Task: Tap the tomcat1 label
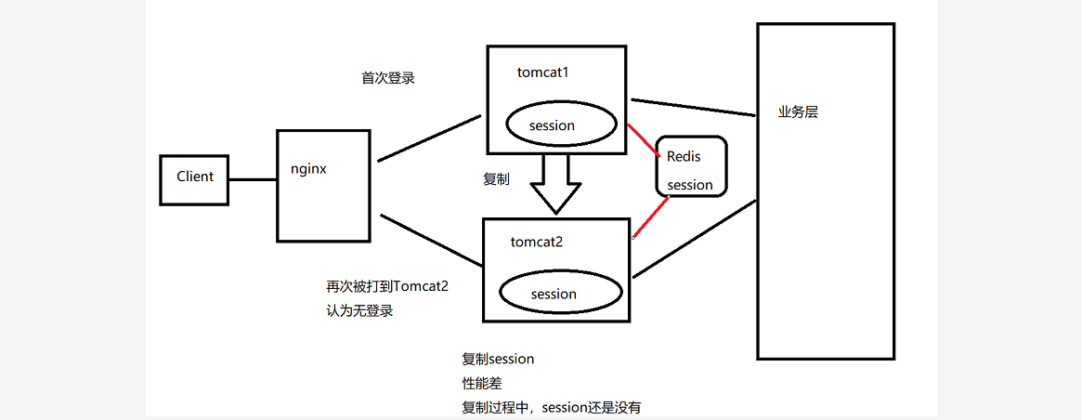542,72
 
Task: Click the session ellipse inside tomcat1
552,125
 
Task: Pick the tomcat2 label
537,242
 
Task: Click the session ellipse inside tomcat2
554,294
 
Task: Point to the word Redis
684,157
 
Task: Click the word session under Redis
690,185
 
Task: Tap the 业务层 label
798,112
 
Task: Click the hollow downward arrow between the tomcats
554,183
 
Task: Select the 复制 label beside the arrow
496,179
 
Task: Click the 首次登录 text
388,78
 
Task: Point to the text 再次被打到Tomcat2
387,286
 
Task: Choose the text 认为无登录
359,310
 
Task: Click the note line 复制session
498,359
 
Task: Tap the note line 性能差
482,383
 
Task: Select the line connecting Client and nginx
253,179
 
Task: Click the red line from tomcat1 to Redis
644,139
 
